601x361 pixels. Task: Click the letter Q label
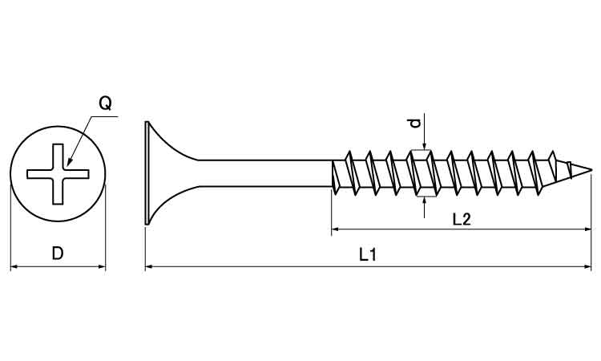105,103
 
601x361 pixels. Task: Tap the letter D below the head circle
58,254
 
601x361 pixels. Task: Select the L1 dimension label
368,255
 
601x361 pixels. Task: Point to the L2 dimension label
461,220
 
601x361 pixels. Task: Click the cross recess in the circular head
58,174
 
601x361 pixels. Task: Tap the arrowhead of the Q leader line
69,162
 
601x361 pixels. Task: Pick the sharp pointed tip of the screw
591,169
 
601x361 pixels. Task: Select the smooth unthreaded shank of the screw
264,173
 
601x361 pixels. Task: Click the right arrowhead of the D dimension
101,266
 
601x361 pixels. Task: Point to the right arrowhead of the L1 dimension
587,266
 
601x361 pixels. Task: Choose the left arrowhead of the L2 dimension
336,229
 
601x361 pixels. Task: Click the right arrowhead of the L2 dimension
587,229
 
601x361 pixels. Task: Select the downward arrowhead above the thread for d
424,145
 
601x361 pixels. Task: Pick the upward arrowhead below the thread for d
424,201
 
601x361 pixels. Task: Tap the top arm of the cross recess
58,156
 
